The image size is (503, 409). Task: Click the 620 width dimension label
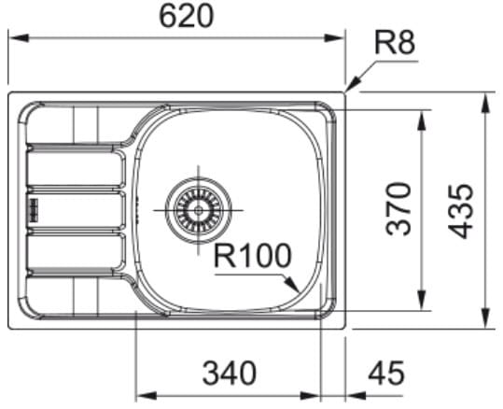[x=186, y=17]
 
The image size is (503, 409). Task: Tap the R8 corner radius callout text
[x=395, y=43]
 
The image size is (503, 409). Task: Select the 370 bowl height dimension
[x=398, y=209]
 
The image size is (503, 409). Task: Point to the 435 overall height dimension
[x=461, y=211]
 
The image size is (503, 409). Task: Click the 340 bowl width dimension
[x=230, y=374]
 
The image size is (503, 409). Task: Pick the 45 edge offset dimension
[x=386, y=374]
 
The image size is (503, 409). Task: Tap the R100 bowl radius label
[x=253, y=256]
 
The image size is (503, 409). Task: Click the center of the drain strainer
[x=198, y=211]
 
